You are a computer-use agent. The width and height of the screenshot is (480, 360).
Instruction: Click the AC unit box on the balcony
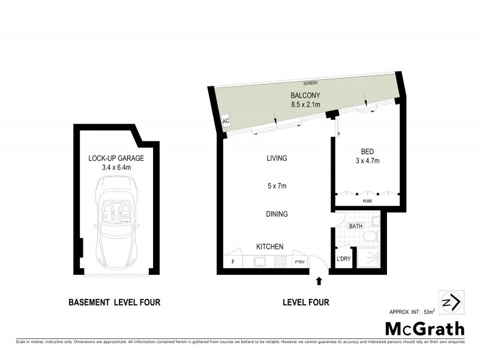click(x=226, y=121)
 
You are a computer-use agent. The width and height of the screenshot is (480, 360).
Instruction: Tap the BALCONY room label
click(x=305, y=95)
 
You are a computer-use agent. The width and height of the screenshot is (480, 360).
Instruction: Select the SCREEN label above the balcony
click(x=310, y=82)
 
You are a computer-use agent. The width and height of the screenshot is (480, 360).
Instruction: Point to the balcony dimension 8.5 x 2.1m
click(x=305, y=105)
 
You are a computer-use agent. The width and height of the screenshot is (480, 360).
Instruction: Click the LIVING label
click(x=277, y=158)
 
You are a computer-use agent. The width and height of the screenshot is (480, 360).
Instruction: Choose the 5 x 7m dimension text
click(x=277, y=186)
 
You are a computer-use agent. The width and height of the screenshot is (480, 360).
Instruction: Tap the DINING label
click(x=277, y=214)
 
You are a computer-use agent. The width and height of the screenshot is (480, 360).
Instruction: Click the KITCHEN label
click(x=270, y=247)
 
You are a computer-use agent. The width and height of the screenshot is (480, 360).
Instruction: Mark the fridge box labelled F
click(x=233, y=262)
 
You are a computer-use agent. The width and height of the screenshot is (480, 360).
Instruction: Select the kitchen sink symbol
click(x=260, y=262)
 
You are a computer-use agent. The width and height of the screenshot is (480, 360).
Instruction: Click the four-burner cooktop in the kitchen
click(x=280, y=262)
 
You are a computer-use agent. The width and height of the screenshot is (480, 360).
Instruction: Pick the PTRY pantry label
click(x=299, y=262)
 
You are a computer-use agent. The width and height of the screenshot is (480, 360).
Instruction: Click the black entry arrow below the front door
click(x=319, y=280)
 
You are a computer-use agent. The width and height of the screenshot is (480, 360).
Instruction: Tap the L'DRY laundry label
click(x=343, y=259)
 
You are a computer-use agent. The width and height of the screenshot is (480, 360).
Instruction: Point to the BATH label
click(x=355, y=226)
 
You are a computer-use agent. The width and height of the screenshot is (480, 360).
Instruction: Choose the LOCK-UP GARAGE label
click(x=116, y=158)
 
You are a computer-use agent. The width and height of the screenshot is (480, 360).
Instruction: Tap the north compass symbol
click(x=451, y=302)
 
